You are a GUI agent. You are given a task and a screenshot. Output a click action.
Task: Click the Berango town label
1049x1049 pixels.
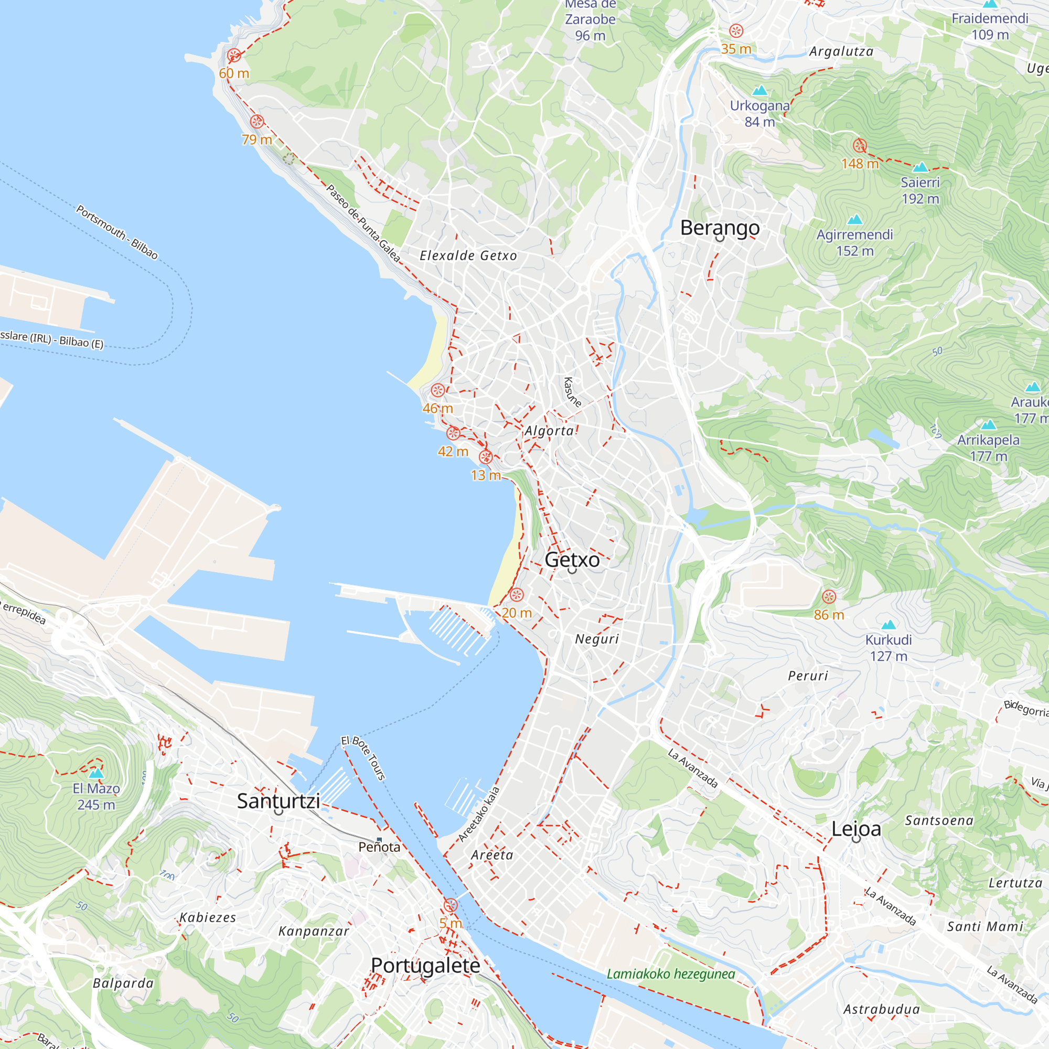click(x=720, y=228)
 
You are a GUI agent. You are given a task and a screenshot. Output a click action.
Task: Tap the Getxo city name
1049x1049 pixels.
click(x=572, y=560)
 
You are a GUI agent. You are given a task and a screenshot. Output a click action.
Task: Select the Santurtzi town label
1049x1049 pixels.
click(x=278, y=801)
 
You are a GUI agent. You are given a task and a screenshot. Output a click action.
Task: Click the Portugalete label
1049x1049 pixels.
click(x=425, y=966)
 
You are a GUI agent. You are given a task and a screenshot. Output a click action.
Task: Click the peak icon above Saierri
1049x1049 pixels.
click(x=920, y=167)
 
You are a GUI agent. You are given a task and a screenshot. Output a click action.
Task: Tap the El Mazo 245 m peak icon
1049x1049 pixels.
click(x=96, y=773)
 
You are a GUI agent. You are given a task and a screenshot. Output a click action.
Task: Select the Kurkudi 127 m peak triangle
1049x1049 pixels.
click(x=889, y=625)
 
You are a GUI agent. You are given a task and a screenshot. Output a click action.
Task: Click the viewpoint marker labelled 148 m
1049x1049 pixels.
click(x=860, y=145)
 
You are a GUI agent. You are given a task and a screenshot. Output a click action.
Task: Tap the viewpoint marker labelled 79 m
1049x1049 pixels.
click(x=257, y=122)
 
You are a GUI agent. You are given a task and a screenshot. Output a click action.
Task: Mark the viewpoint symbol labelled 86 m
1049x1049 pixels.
click(x=829, y=597)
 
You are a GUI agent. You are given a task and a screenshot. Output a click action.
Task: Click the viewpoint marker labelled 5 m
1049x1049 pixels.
click(x=450, y=905)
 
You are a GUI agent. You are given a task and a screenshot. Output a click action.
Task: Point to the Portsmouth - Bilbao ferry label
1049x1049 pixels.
click(x=117, y=232)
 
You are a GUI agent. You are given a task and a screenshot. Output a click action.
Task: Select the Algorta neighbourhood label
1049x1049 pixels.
click(x=549, y=431)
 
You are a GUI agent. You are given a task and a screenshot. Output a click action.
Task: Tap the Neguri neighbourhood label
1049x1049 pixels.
click(x=597, y=639)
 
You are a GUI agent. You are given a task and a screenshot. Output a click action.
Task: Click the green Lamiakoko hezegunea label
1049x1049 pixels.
click(x=670, y=974)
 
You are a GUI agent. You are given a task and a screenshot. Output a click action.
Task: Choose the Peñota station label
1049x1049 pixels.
click(x=379, y=848)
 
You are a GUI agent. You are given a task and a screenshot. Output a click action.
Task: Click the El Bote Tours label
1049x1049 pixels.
click(x=363, y=758)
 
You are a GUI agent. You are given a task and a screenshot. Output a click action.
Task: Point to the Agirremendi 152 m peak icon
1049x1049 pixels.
click(x=854, y=219)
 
